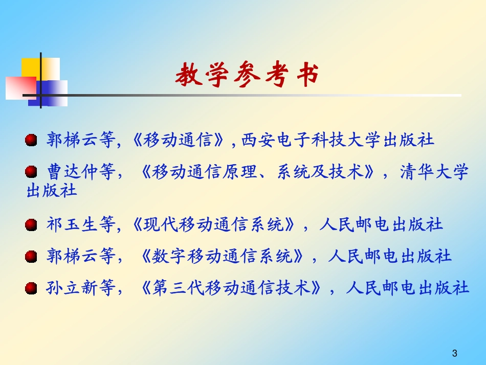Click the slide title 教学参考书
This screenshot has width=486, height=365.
tap(247, 76)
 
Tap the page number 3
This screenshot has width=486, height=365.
tap(455, 353)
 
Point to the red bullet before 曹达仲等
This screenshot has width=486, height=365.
tap(32, 172)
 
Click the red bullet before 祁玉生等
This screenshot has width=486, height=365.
tap(32, 225)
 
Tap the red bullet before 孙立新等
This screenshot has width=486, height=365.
tap(32, 289)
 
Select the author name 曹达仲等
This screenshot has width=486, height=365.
tap(80, 172)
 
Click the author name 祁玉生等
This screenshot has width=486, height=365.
tap(80, 225)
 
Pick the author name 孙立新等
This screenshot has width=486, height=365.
tap(80, 289)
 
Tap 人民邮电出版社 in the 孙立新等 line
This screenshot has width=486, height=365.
tap(407, 289)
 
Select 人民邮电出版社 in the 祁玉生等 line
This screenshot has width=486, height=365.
tap(381, 225)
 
